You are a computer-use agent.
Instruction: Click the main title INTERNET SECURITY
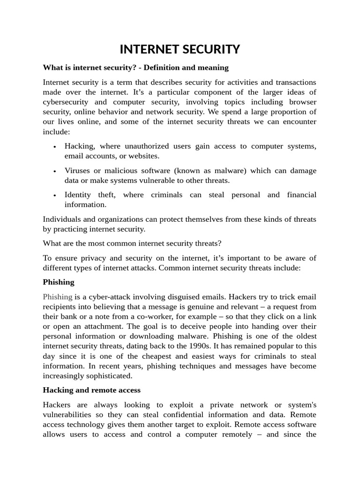(x=180, y=49)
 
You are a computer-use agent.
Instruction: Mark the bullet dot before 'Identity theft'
(x=55, y=195)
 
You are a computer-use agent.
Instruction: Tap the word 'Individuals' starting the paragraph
(x=62, y=219)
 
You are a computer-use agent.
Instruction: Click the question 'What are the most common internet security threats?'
(x=132, y=243)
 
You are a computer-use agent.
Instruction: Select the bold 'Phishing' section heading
(x=59, y=282)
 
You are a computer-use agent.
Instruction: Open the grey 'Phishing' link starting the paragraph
(x=57, y=297)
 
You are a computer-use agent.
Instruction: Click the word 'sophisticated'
(x=110, y=376)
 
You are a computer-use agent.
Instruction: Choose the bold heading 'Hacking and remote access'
(x=91, y=390)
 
